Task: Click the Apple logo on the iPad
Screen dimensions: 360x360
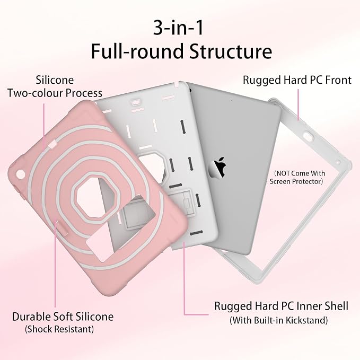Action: click(217, 168)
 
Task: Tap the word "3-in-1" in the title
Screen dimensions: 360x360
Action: click(178, 28)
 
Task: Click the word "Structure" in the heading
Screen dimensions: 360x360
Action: click(231, 51)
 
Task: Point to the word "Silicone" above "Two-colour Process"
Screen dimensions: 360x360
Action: click(55, 80)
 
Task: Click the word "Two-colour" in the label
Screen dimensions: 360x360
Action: click(36, 93)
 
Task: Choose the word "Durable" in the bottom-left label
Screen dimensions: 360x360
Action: click(31, 317)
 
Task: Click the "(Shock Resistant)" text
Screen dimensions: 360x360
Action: click(59, 329)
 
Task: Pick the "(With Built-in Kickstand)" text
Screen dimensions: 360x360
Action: click(279, 320)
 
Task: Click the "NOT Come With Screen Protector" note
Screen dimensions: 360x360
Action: click(297, 177)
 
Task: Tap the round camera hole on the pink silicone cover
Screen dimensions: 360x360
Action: click(20, 174)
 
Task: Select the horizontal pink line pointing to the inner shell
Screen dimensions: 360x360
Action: click(197, 314)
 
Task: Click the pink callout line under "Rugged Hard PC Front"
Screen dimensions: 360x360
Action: click(298, 104)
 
